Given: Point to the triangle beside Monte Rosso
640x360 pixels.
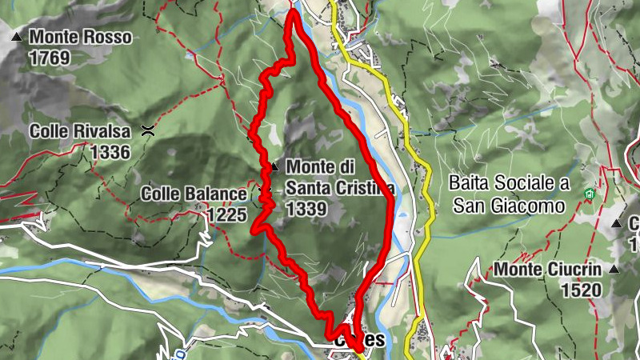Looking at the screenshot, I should (16, 37).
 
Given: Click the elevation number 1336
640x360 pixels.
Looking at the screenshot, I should (110, 151).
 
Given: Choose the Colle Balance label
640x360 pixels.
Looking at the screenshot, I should (194, 194).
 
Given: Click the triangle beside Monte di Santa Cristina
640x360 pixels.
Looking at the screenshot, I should (274, 167).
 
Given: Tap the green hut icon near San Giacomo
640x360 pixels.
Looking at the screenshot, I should (590, 193).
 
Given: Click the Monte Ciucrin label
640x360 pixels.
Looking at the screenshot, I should (548, 270).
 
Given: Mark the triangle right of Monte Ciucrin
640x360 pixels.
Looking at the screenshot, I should (614, 270).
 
